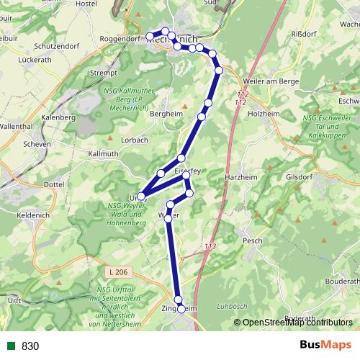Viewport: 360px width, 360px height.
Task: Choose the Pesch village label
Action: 253,240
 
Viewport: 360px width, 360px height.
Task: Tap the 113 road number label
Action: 210,247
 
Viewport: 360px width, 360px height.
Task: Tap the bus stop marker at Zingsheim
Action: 181,309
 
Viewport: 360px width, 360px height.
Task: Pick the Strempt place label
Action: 104,73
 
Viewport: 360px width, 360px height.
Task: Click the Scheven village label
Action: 37,144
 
